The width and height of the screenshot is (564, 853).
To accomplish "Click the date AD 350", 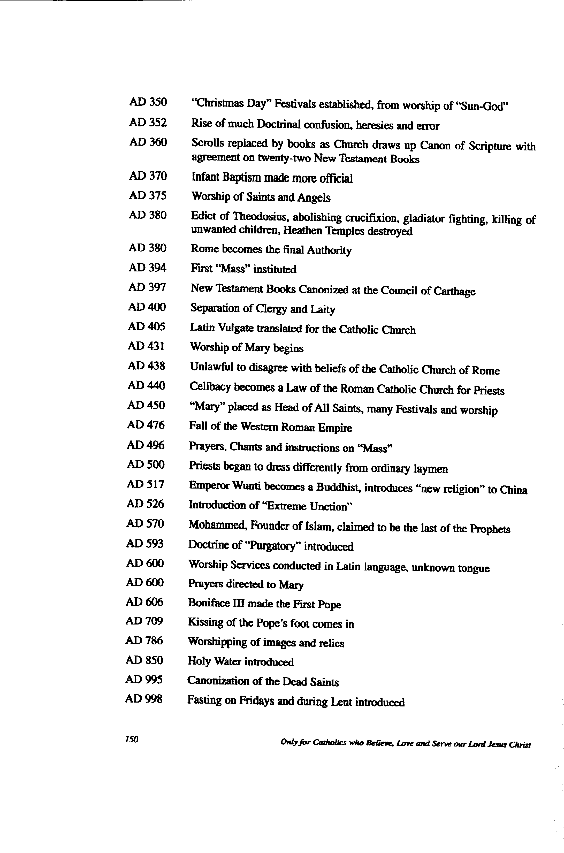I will (148, 102).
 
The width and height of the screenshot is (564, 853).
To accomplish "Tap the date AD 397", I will (147, 287).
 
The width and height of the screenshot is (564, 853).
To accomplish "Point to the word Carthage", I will (454, 291).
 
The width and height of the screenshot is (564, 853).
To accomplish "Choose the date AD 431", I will (146, 346).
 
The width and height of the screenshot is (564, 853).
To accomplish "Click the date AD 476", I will (146, 425).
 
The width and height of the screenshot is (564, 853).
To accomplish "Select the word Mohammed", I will (217, 525).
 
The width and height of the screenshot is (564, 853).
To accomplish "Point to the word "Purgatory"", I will (272, 546).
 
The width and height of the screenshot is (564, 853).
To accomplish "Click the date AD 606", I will (144, 602).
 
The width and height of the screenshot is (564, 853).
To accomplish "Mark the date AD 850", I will (144, 660).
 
